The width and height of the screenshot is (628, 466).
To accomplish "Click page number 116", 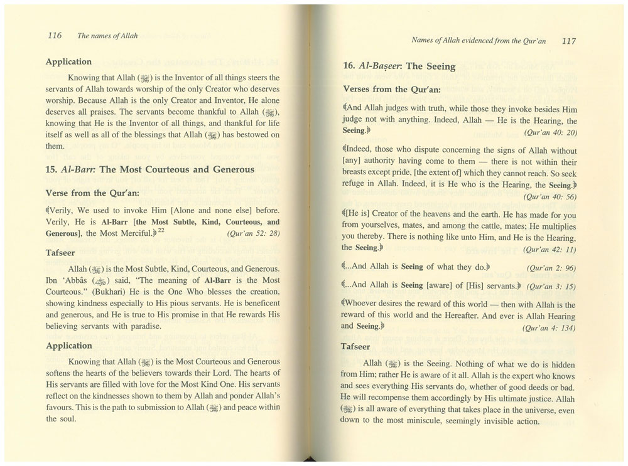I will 54,36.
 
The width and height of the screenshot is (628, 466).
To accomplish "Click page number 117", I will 569,41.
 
